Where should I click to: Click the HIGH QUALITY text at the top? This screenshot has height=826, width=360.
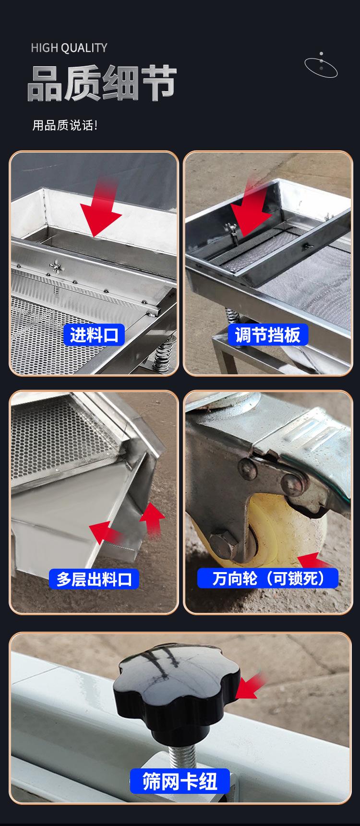click(69, 48)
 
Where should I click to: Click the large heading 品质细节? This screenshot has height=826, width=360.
click(102, 84)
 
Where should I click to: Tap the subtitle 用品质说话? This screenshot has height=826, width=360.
click(65, 126)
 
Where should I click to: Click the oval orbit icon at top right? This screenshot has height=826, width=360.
click(321, 66)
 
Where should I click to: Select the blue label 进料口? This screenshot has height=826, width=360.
click(94, 335)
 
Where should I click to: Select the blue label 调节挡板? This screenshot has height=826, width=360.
click(268, 335)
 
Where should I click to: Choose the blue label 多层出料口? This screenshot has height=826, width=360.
click(94, 579)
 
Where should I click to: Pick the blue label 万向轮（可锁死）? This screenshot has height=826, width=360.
click(268, 578)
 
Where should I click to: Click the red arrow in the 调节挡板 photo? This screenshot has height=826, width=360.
click(252, 206)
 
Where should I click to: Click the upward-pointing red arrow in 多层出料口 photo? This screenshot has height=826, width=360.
click(153, 518)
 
